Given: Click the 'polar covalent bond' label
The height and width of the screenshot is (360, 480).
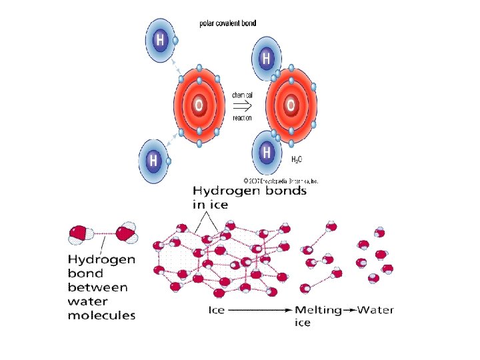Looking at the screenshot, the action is [x=227, y=23].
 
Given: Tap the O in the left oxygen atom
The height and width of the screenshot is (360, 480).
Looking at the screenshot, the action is [x=198, y=105].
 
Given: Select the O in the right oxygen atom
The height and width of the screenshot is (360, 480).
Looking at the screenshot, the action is [x=291, y=105].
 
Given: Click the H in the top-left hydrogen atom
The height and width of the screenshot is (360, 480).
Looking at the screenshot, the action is [x=161, y=40].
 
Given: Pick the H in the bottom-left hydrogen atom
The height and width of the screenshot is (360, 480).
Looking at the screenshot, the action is [x=153, y=161].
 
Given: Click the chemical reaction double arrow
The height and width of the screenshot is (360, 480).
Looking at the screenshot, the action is [x=242, y=106].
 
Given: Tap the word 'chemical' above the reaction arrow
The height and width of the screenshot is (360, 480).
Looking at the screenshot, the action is [x=242, y=95].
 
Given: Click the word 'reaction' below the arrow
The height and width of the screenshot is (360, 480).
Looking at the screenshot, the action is [x=242, y=118].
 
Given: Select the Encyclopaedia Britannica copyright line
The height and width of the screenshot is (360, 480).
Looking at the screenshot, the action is [x=281, y=181].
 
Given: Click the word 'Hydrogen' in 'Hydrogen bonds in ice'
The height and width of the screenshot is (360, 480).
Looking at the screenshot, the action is [x=225, y=191].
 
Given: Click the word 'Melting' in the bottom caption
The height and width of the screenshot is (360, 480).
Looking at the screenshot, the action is [x=318, y=310].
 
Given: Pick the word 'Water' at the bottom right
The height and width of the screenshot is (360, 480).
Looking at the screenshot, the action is [x=376, y=310].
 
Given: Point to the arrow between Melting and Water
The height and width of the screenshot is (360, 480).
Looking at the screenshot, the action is [x=349, y=310].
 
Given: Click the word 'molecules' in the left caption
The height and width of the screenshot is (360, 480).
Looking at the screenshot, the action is [x=101, y=315].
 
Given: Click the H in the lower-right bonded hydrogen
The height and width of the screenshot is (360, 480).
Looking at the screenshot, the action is [x=267, y=151].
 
